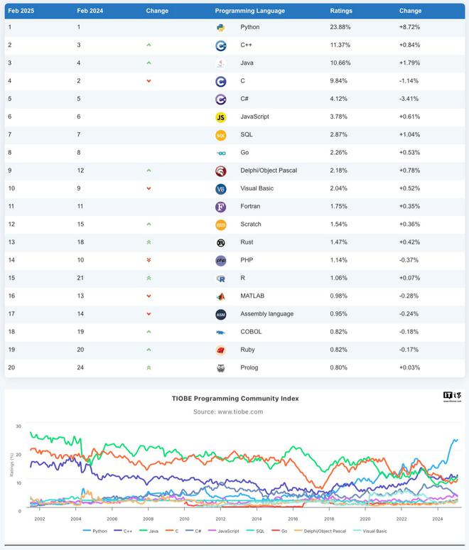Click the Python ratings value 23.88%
(x=340, y=27)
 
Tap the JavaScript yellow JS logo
(x=221, y=117)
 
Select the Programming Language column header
(x=249, y=11)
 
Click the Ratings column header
(x=341, y=11)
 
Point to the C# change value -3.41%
(x=409, y=99)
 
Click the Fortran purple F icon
(x=221, y=207)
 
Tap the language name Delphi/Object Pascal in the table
(x=269, y=171)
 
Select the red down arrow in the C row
(x=149, y=81)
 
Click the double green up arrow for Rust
(x=149, y=242)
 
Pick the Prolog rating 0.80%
(x=340, y=367)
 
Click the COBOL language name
(x=251, y=332)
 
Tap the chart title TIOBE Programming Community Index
(x=234, y=399)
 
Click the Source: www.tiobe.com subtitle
(x=228, y=411)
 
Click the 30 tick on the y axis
(x=18, y=426)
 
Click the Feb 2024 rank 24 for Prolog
(x=81, y=367)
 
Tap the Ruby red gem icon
(x=221, y=350)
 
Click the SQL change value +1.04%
(x=409, y=135)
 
